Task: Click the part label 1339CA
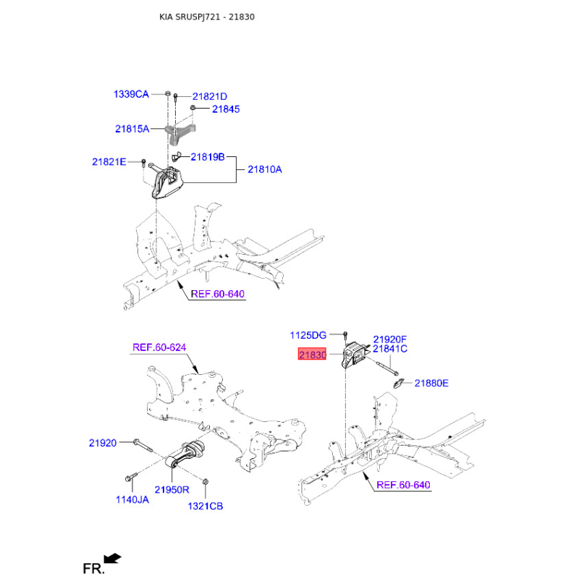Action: (130, 94)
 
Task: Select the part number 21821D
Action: (209, 96)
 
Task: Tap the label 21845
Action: (226, 109)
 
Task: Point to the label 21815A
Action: (132, 130)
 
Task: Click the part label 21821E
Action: (109, 161)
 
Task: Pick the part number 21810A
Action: (265, 169)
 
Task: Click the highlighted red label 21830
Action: (310, 355)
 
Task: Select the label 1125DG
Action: (308, 335)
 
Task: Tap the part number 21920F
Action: (390, 339)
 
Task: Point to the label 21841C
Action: (390, 349)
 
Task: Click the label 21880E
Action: (431, 383)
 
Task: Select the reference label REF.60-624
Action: (159, 347)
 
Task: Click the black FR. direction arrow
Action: (112, 558)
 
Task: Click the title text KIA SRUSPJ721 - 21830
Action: (207, 16)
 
